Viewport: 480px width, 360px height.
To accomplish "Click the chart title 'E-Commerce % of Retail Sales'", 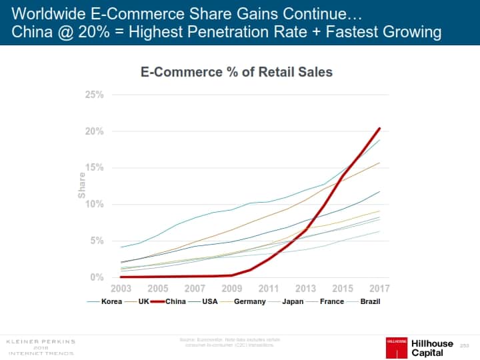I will pos(236,71).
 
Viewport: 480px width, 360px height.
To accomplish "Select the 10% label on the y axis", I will pos(95,204).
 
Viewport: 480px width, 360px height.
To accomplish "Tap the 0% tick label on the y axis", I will pos(97,277).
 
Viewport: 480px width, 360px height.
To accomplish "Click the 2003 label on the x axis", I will pos(121,289).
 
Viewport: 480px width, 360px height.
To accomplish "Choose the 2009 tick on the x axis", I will pos(231,289).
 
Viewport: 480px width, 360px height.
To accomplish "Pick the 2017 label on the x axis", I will pos(379,289).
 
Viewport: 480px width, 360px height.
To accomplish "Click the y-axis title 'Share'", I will pos(81,185).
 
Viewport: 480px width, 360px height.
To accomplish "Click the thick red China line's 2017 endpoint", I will pos(379,128).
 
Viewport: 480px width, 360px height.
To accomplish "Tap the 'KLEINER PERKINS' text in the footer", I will pos(41,341).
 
